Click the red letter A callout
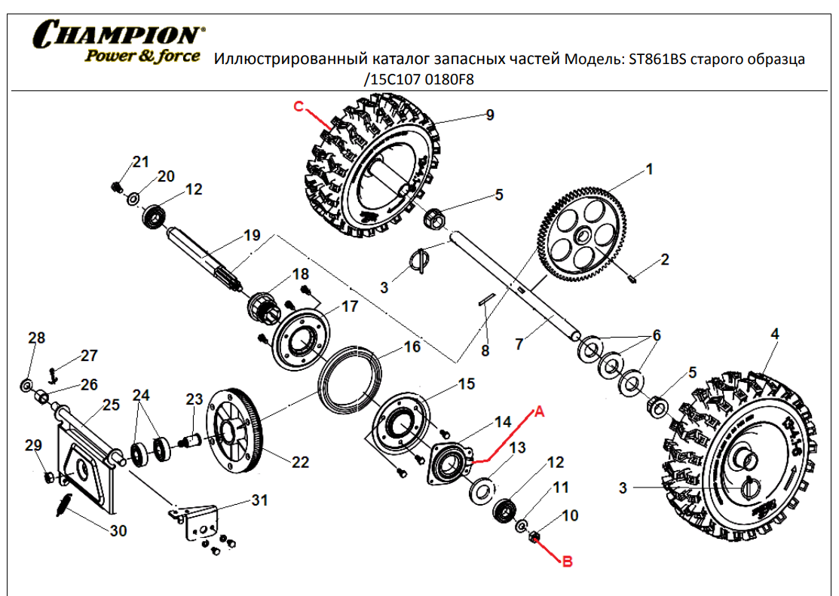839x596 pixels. [x=539, y=411]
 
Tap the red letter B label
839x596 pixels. [x=568, y=560]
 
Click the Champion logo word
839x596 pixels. [x=117, y=34]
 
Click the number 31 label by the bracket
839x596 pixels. [x=259, y=500]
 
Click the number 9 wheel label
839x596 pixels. [x=489, y=115]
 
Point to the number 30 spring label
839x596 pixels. [x=118, y=530]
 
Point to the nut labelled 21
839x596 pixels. [x=116, y=185]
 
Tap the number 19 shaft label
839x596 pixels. [x=251, y=235]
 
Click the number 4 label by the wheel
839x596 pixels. [x=775, y=332]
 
